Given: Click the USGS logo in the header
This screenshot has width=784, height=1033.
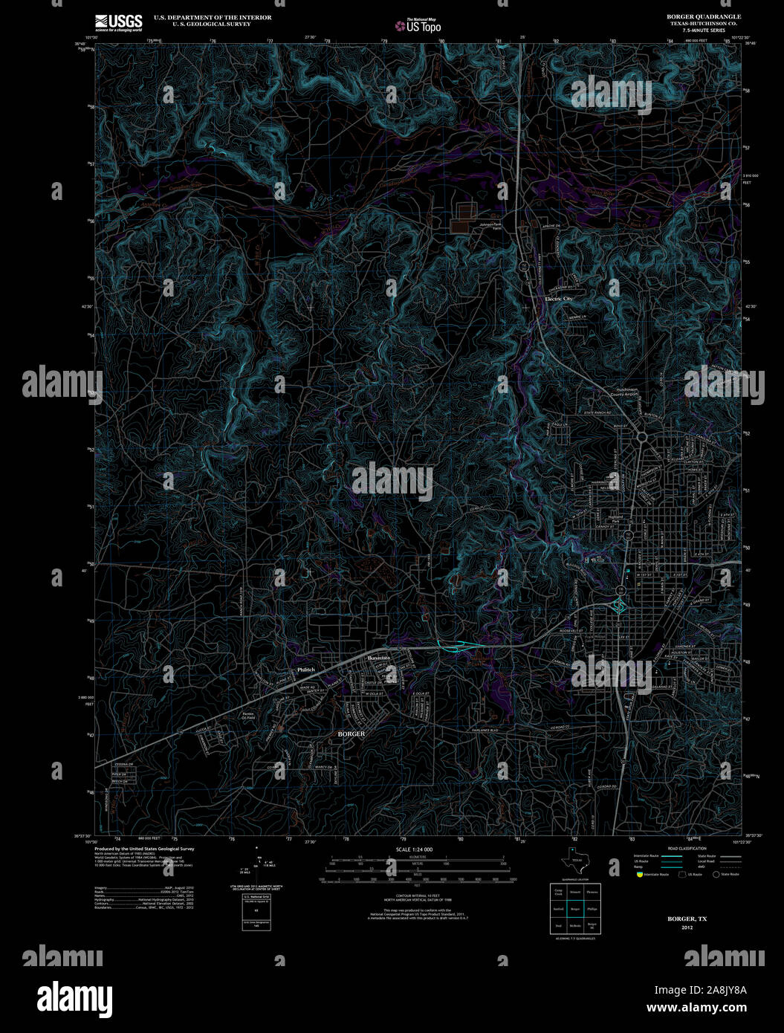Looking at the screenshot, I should [118, 22].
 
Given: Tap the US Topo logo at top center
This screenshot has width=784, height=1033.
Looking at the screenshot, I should [418, 25].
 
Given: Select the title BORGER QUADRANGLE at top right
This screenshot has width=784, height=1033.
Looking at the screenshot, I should [693, 16].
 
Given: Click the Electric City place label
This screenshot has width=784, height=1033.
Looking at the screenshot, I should [559, 299].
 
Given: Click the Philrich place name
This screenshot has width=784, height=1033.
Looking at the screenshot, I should [306, 670].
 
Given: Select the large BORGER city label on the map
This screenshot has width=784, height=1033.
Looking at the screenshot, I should [351, 734].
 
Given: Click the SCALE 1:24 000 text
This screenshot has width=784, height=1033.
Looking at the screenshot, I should [414, 849].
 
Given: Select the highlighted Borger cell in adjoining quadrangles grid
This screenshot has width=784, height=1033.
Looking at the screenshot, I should [574, 908].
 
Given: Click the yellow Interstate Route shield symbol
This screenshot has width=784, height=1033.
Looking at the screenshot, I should [638, 875].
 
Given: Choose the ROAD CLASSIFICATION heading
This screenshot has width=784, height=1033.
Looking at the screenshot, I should [687, 848].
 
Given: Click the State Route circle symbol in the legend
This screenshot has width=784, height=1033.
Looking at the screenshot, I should [716, 875].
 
